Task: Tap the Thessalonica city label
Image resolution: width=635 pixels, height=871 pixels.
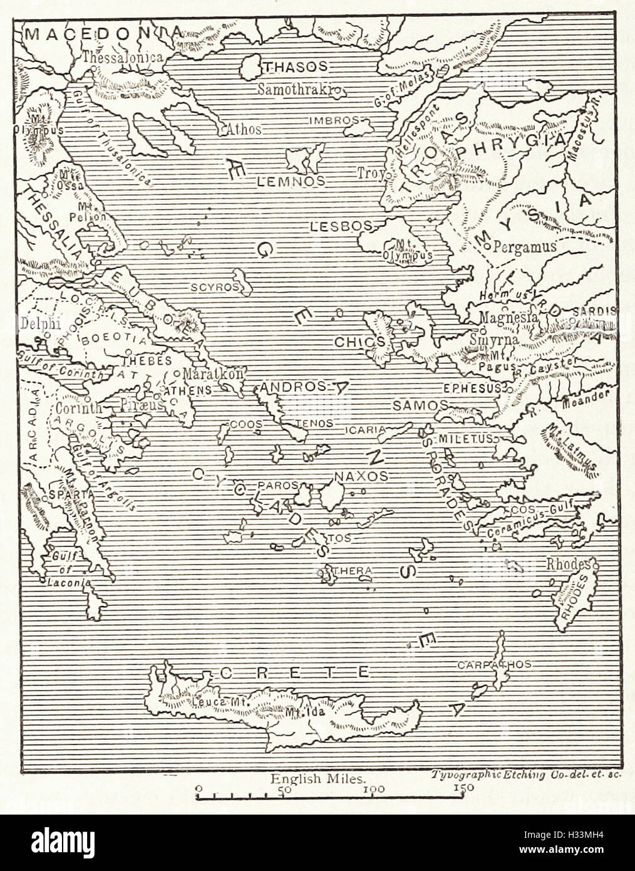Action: pyautogui.click(x=122, y=56)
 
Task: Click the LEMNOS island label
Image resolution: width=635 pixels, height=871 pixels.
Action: pyautogui.click(x=290, y=182)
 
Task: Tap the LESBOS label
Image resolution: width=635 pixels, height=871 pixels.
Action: pyautogui.click(x=341, y=226)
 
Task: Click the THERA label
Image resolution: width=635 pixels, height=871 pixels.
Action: pyautogui.click(x=354, y=571)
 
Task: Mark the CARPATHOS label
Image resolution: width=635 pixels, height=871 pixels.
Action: pyautogui.click(x=494, y=664)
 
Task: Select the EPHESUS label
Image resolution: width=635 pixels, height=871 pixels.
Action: pyautogui.click(x=472, y=388)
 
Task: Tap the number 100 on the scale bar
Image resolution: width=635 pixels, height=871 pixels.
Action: pyautogui.click(x=373, y=790)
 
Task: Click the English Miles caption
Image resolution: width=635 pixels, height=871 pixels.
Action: pyautogui.click(x=317, y=779)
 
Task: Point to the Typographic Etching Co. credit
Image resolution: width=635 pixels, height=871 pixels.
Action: pyautogui.click(x=525, y=775)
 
